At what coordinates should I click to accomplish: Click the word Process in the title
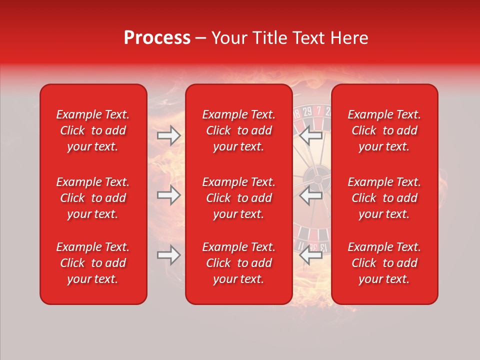pos(157,38)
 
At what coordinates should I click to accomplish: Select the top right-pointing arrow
pos(169,135)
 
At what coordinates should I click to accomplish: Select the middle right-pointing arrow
pos(169,195)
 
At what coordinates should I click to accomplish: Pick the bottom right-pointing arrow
pos(169,255)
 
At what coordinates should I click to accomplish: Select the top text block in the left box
pos(93,130)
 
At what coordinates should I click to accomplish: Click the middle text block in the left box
pos(93,198)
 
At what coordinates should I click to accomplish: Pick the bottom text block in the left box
pos(93,263)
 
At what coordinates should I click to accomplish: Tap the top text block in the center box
pos(238,130)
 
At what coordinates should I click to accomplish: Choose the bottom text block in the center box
pos(238,263)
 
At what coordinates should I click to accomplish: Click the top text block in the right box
pos(384,130)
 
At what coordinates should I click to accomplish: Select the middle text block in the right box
pos(384,198)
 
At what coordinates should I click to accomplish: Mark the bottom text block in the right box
pos(384,263)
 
